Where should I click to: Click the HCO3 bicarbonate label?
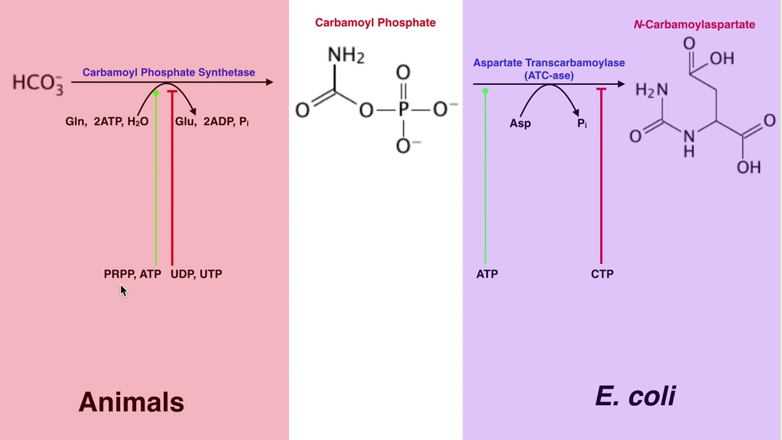[37, 83]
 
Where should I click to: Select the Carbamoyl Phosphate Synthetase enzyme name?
[169, 72]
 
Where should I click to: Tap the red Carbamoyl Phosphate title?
[375, 23]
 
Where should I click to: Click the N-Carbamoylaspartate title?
[694, 24]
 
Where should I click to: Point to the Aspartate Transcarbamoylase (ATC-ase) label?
[549, 68]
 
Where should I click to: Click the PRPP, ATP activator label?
[132, 274]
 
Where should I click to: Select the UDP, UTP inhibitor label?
[196, 274]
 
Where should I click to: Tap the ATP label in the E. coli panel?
[487, 274]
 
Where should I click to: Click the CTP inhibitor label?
[602, 274]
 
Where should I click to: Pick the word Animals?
[131, 402]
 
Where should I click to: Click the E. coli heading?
[635, 397]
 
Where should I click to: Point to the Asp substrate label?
[520, 123]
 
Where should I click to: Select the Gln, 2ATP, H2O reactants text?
[107, 122]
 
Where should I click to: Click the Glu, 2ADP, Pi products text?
[211, 122]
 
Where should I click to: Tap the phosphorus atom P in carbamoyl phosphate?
[403, 110]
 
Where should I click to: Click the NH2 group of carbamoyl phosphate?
[346, 55]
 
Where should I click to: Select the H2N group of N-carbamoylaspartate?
[651, 90]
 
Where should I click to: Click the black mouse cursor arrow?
[123, 291]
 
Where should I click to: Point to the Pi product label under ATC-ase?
[582, 123]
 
